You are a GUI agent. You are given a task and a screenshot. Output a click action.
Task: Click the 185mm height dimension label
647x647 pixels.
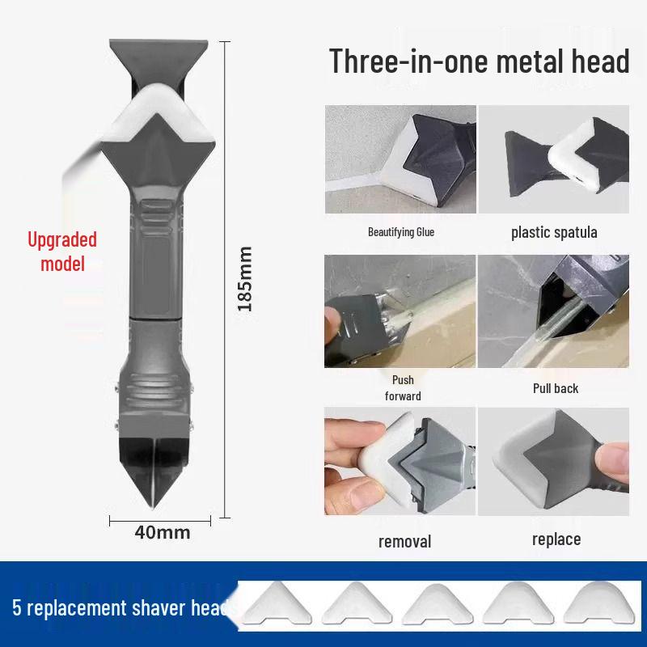246,279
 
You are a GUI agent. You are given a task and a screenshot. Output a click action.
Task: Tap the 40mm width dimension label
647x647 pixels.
162,532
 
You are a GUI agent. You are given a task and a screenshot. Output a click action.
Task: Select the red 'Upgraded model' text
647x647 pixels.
62,252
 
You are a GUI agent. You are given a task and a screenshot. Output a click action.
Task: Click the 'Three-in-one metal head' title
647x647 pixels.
479,61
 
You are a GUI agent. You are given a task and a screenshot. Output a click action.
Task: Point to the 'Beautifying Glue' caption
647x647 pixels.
401,233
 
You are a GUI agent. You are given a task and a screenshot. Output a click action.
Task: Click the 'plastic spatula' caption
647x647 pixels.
554,233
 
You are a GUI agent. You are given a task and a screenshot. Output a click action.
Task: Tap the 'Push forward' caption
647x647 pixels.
403,387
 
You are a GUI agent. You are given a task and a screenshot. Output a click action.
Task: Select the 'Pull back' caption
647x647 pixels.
556,388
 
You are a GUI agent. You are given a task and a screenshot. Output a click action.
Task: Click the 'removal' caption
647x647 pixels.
404,541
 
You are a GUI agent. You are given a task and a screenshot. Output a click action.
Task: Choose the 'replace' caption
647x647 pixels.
556,539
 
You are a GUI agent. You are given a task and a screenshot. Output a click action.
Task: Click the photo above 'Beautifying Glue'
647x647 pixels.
400,159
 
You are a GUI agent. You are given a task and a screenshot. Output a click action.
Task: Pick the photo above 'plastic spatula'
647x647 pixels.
553,159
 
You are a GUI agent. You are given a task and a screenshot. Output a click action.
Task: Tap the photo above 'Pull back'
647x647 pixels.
553,311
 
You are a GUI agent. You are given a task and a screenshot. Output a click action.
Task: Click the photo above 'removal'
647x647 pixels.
400,462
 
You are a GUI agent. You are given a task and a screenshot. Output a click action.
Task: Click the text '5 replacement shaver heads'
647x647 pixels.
121,607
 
